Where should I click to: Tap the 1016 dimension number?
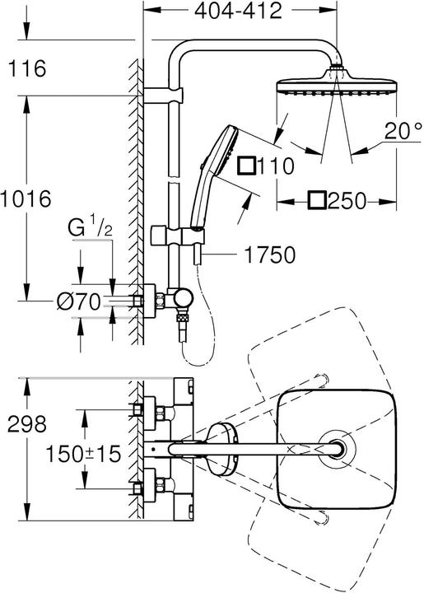[x=28, y=199]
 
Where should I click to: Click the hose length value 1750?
[x=268, y=256]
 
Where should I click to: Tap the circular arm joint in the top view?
[x=338, y=450]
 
